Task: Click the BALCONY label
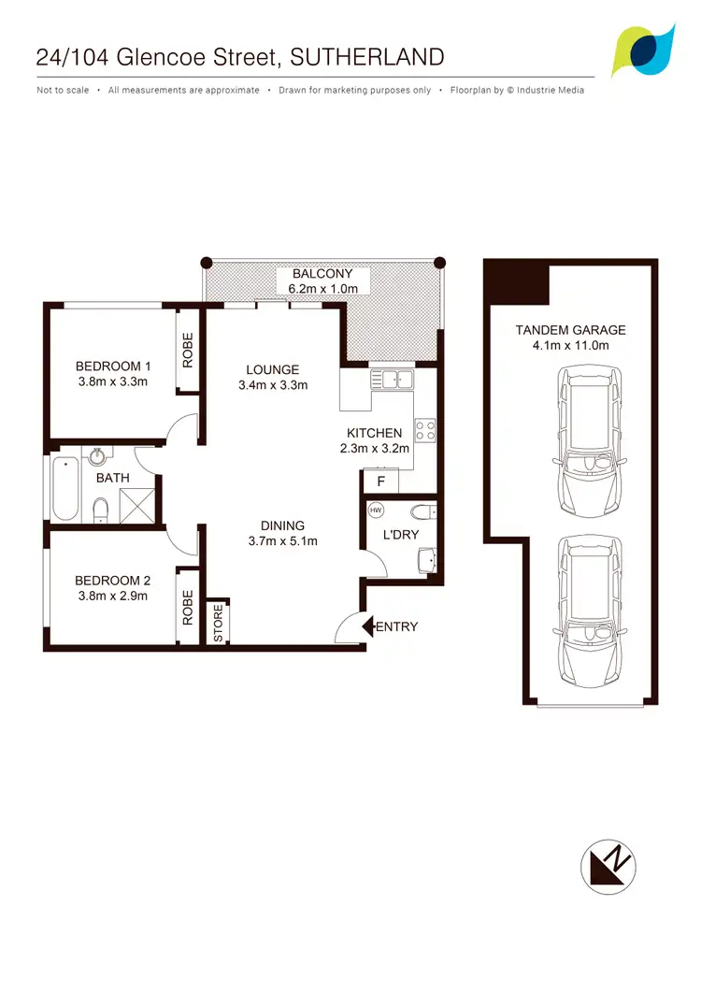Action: point(322,274)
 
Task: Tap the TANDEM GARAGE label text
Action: point(570,330)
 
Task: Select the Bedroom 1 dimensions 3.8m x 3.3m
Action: point(112,381)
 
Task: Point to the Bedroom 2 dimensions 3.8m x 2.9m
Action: point(112,596)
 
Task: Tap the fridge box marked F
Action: point(380,482)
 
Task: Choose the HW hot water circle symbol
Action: point(377,510)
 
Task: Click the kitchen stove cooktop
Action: point(424,430)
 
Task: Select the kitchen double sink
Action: point(393,379)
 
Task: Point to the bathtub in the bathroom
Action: point(65,488)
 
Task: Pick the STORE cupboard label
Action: point(218,624)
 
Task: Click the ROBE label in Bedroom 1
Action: point(188,350)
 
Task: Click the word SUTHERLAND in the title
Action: point(367,57)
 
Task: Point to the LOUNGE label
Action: point(273,369)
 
